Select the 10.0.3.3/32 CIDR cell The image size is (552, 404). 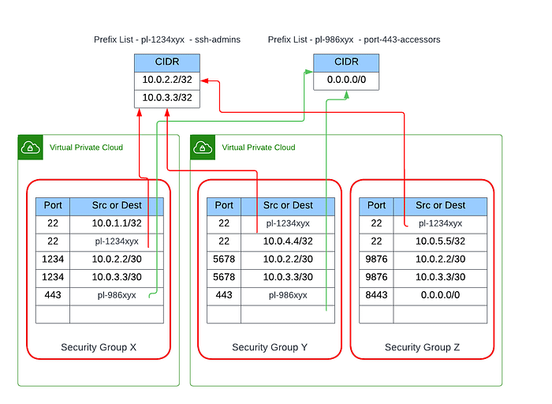point(167,99)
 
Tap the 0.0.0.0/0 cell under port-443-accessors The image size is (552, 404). point(346,80)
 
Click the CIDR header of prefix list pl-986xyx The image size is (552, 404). point(346,62)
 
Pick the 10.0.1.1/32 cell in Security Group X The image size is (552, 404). point(117,223)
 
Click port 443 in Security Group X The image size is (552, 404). point(53,295)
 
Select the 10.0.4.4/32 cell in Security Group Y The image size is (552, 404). point(288,241)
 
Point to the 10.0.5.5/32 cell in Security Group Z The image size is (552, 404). point(440,241)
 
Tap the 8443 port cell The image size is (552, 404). point(376,295)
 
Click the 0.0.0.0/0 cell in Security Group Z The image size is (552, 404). point(440,295)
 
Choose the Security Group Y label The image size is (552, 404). point(270,347)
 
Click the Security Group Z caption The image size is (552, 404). point(422,347)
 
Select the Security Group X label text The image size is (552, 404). point(99,347)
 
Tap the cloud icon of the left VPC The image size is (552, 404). point(30,148)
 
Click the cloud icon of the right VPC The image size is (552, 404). point(203,148)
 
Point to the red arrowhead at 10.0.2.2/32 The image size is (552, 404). point(204,81)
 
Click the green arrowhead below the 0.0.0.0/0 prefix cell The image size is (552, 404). point(346,95)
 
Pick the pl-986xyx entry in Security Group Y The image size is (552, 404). point(288,295)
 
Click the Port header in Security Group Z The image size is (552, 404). point(376,205)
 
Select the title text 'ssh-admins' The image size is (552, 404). point(218,39)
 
